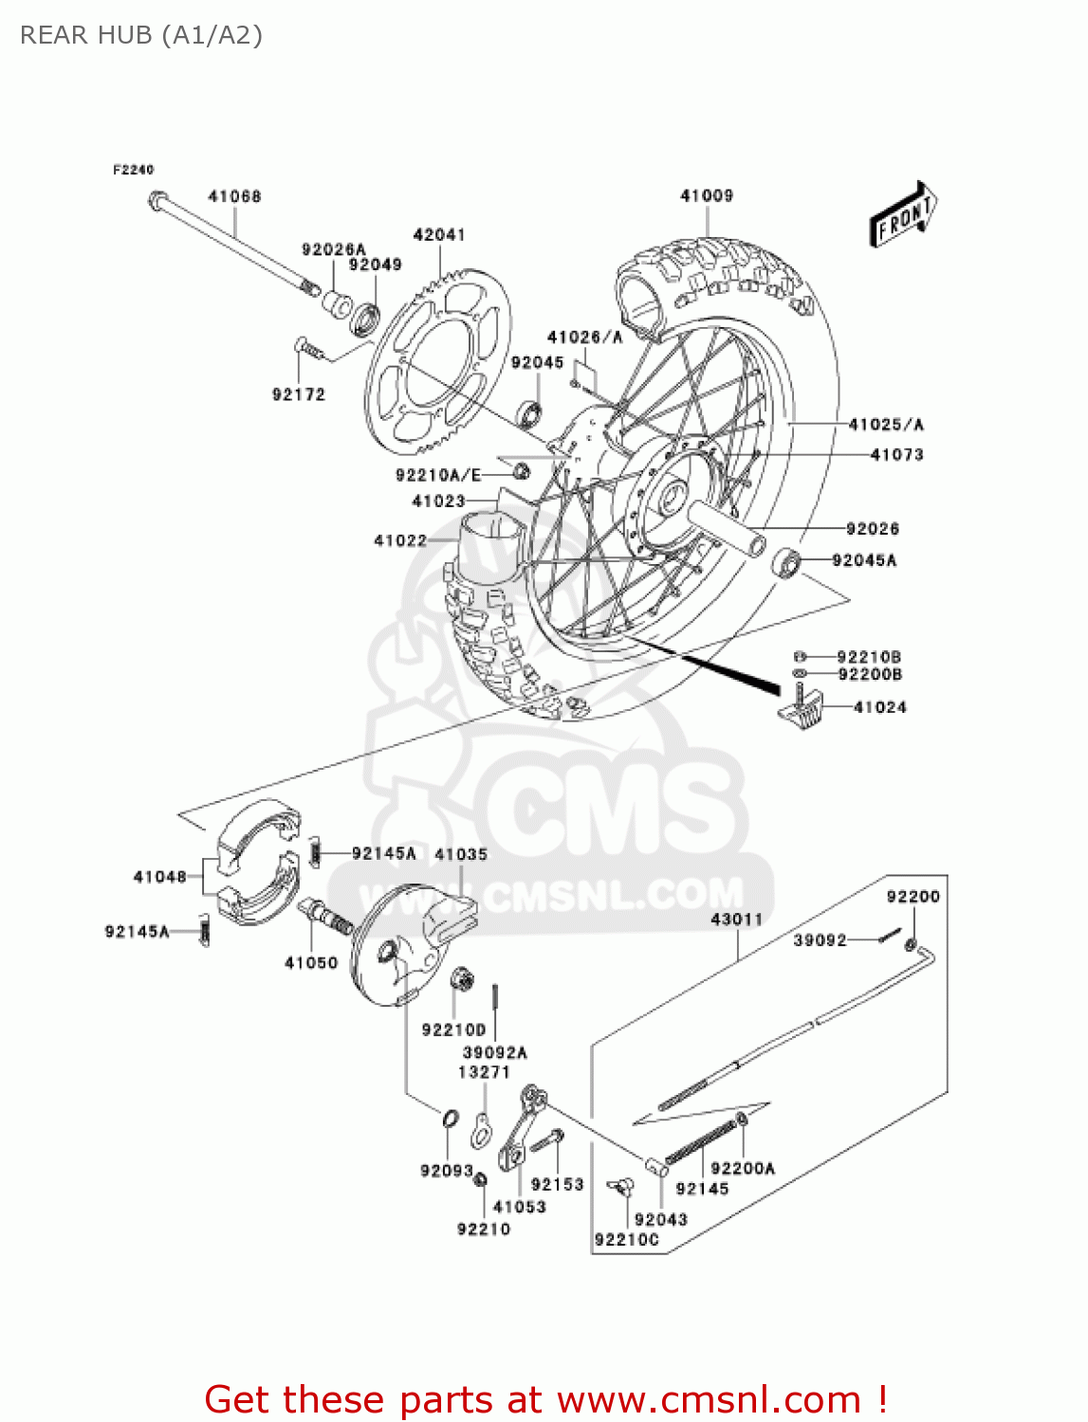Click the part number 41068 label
pyautogui.click(x=234, y=196)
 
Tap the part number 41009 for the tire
pyautogui.click(x=707, y=195)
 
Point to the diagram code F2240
pyautogui.click(x=133, y=170)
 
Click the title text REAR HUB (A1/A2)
pyautogui.click(x=141, y=35)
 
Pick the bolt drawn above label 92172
pyautogui.click(x=306, y=348)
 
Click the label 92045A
pyautogui.click(x=864, y=560)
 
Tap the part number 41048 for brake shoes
pyautogui.click(x=160, y=877)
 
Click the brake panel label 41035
pyautogui.click(x=461, y=854)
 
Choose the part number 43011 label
pyautogui.click(x=737, y=919)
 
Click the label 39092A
pyautogui.click(x=495, y=1052)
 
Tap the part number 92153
pyautogui.click(x=558, y=1184)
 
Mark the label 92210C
pyautogui.click(x=627, y=1240)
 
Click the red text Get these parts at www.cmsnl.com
pyautogui.click(x=545, y=1399)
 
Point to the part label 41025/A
pyautogui.click(x=886, y=425)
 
